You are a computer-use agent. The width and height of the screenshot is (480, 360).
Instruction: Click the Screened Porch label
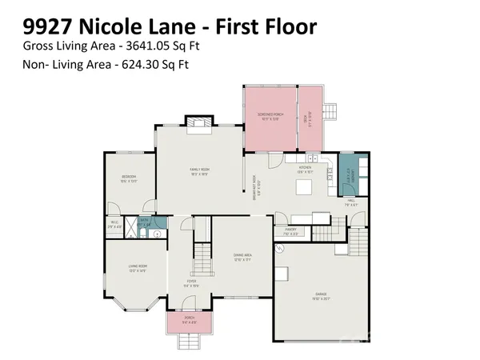(269, 117)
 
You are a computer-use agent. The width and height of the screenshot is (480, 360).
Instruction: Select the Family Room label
(199, 171)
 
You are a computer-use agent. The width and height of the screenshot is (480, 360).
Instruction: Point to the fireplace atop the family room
(199, 122)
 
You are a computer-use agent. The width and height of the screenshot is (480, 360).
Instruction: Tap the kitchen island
(306, 189)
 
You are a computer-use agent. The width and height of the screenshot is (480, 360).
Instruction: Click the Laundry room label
(347, 175)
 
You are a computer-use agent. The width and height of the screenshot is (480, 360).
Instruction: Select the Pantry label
(290, 232)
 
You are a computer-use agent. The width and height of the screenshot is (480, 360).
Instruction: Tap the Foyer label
(192, 282)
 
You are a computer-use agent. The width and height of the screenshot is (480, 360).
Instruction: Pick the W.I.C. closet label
(115, 224)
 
